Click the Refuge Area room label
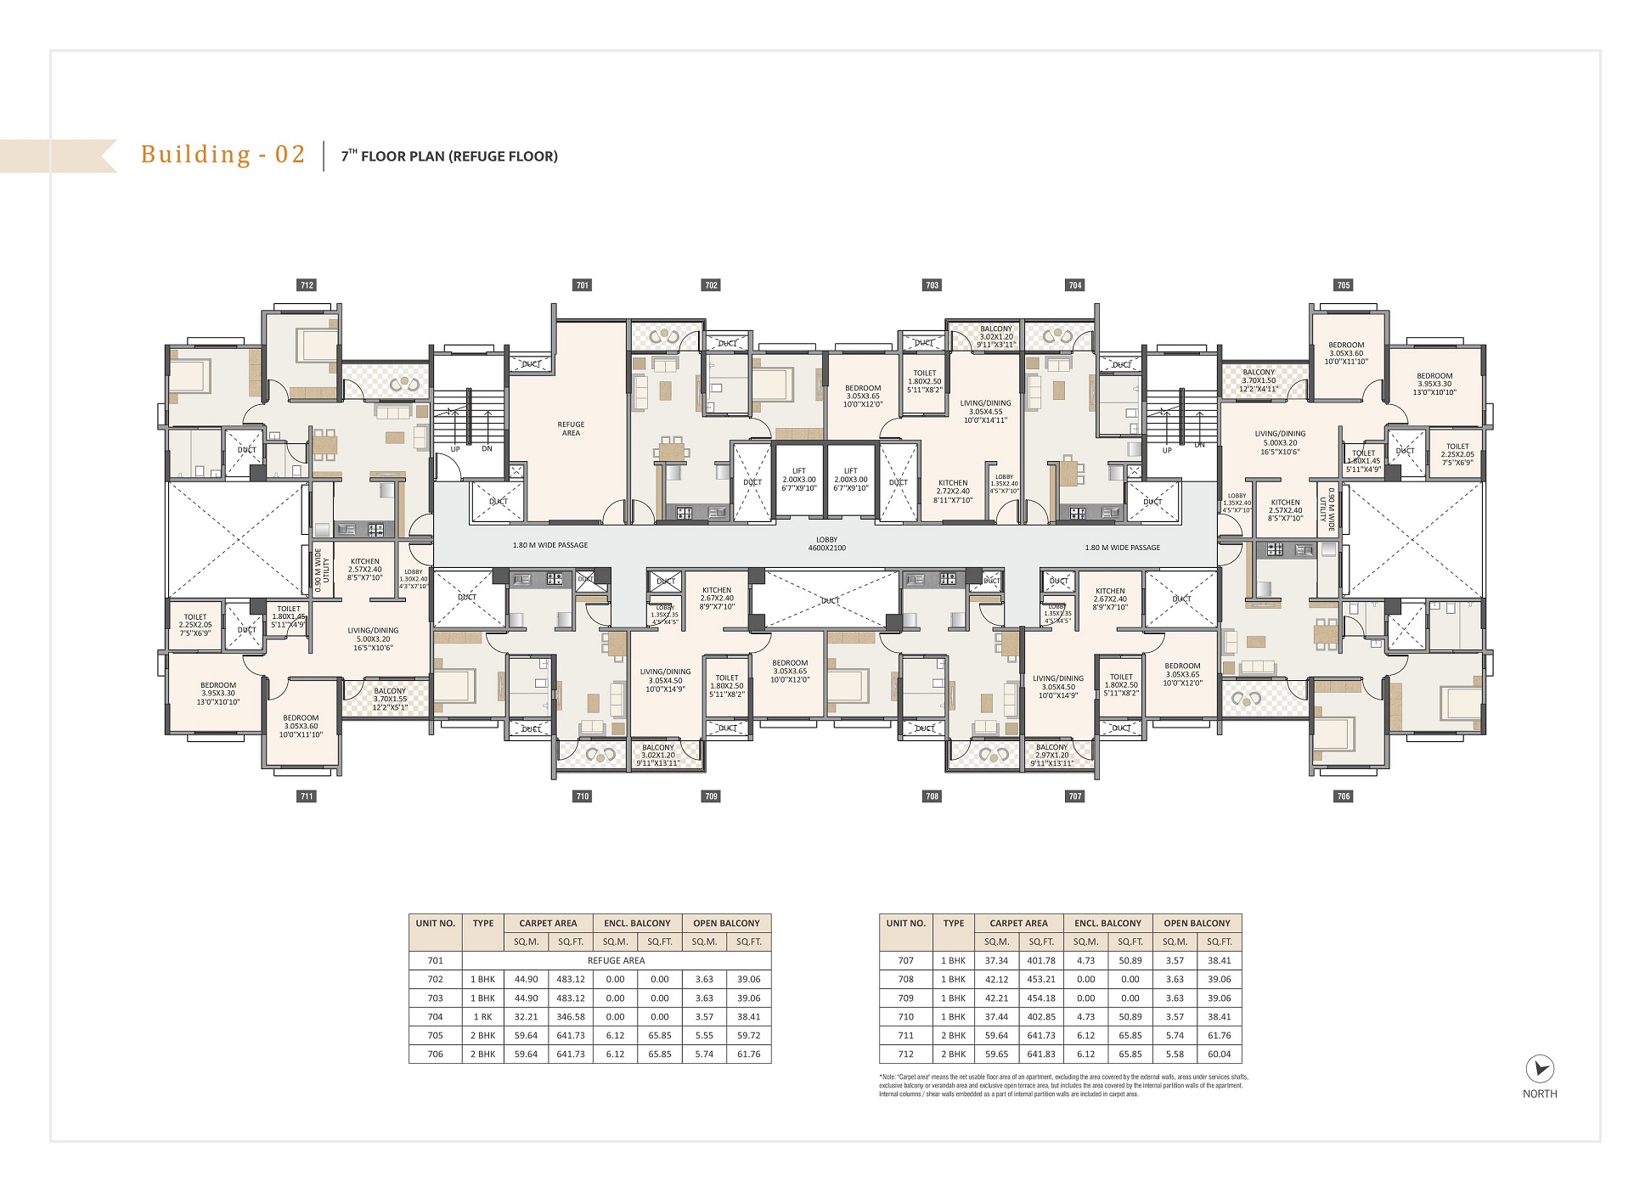pos(571,429)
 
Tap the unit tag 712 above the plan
pos(307,285)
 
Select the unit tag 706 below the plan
pos(1343,796)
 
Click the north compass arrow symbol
pos(1539,1069)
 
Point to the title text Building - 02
pos(223,155)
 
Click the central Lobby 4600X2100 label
pos(826,543)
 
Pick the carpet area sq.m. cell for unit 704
pos(526,1016)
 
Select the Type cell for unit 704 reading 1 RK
pos(482,1016)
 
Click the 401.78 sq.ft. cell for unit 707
pos(1040,960)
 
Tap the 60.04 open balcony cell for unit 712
pos(1219,1054)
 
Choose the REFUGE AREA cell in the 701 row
pos(616,960)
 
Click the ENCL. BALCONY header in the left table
pos(637,923)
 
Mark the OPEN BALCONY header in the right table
pos(1197,923)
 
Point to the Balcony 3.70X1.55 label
pos(390,699)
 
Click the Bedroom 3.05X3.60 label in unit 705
pos(1346,353)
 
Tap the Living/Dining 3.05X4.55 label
pos(985,412)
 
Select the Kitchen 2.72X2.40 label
pos(953,491)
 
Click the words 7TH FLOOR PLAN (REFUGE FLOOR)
pos(449,156)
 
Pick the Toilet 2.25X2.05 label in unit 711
pos(195,625)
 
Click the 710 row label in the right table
pos(905,1016)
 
